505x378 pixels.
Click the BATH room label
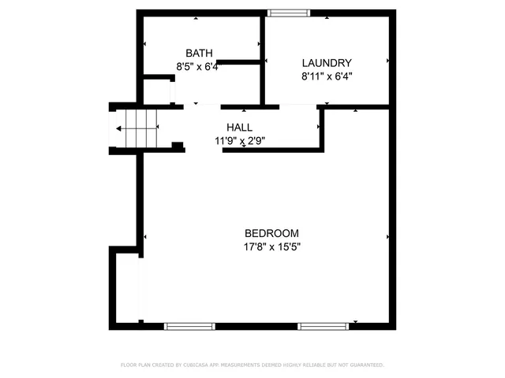click(199, 53)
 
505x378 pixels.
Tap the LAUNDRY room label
click(327, 63)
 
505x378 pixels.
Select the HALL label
click(239, 128)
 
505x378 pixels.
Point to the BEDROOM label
click(271, 233)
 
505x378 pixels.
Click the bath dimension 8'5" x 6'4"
click(196, 67)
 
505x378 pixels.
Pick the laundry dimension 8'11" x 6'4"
click(327, 76)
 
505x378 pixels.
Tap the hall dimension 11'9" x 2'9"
click(239, 141)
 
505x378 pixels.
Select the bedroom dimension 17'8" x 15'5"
click(272, 246)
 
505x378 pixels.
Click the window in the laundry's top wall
click(289, 13)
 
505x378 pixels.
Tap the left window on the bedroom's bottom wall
click(189, 325)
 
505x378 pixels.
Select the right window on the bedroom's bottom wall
click(323, 325)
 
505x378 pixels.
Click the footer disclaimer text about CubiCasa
click(252, 365)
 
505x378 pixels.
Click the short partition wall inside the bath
click(239, 61)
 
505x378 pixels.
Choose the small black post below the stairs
click(178, 145)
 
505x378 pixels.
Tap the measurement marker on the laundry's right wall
click(387, 60)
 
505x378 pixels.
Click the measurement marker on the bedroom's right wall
click(387, 236)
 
